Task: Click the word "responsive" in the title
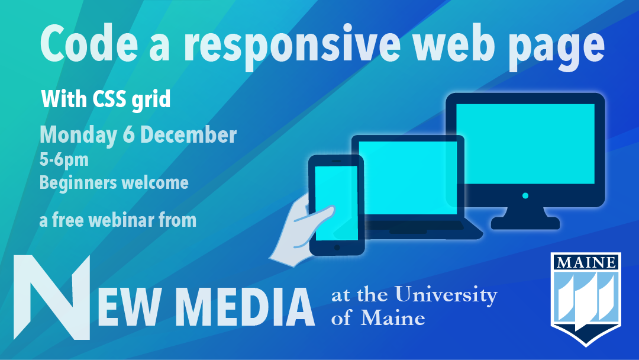pos(292,46)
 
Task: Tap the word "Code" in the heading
pos(88,43)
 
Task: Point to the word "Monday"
pos(78,136)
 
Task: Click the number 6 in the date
pos(128,135)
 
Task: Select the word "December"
pos(188,135)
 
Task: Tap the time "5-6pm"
pos(64,160)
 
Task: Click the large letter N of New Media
pos(51,298)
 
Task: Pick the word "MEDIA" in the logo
pos(247,307)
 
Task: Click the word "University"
pos(446,295)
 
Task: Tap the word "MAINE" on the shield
pos(586,262)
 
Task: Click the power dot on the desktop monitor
pos(525,196)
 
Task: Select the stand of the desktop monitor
pos(525,218)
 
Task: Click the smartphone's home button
pos(337,247)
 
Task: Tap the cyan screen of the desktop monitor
pos(525,143)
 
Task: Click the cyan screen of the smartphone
pos(336,203)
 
